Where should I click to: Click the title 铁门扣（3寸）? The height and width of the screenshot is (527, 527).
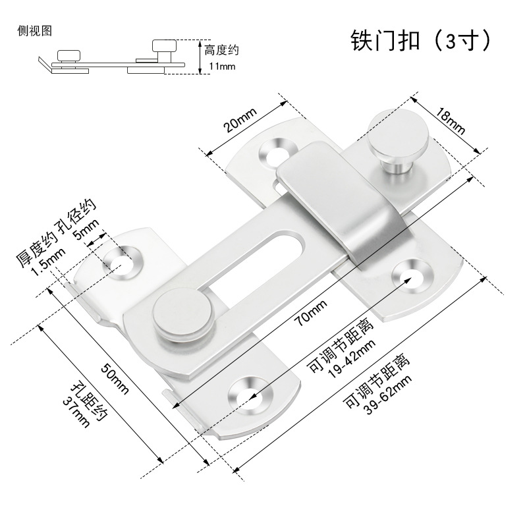(x=420, y=40)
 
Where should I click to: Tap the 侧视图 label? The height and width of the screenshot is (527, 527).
(x=35, y=31)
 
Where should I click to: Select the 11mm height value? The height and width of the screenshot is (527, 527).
(x=222, y=66)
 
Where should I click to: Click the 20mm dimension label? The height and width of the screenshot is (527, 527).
(x=240, y=120)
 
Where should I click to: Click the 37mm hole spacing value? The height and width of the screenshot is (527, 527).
(x=76, y=412)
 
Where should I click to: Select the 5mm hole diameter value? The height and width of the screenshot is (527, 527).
(x=87, y=229)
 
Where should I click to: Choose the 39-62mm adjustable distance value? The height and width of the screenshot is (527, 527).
(x=389, y=395)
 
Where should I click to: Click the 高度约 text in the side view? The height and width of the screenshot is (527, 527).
(x=222, y=50)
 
